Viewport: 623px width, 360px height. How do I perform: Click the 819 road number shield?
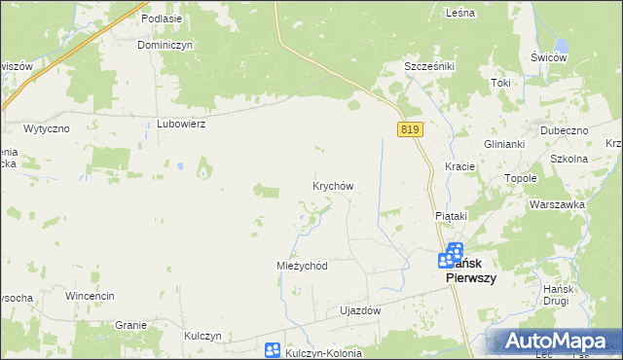click(409, 128)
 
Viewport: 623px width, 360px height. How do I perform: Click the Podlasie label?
click(162, 18)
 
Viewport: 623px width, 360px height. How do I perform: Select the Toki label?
click(500, 83)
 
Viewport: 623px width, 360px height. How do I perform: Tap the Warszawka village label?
click(557, 204)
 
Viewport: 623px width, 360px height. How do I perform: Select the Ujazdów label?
click(359, 311)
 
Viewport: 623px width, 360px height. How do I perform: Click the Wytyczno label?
click(45, 128)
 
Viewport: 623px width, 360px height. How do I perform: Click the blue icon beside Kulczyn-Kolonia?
click(273, 350)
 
